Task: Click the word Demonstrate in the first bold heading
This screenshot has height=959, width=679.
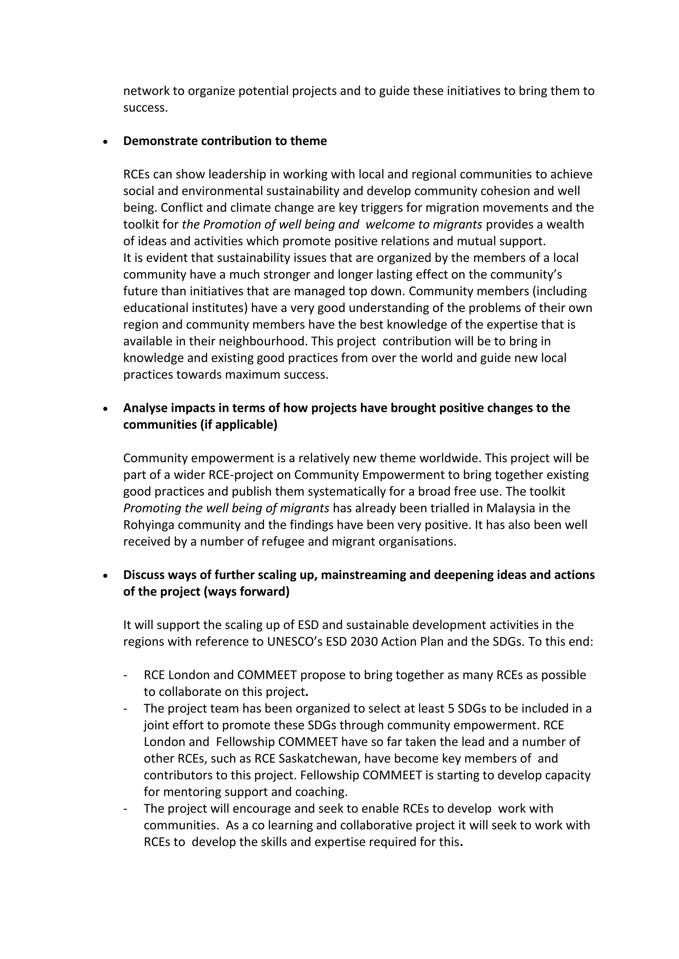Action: pyautogui.click(x=160, y=141)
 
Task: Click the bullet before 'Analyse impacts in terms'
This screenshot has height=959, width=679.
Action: pyautogui.click(x=105, y=409)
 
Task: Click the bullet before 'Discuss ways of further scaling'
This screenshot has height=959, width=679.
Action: pyautogui.click(x=105, y=576)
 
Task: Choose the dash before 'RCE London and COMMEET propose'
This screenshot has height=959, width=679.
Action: pyautogui.click(x=125, y=676)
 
